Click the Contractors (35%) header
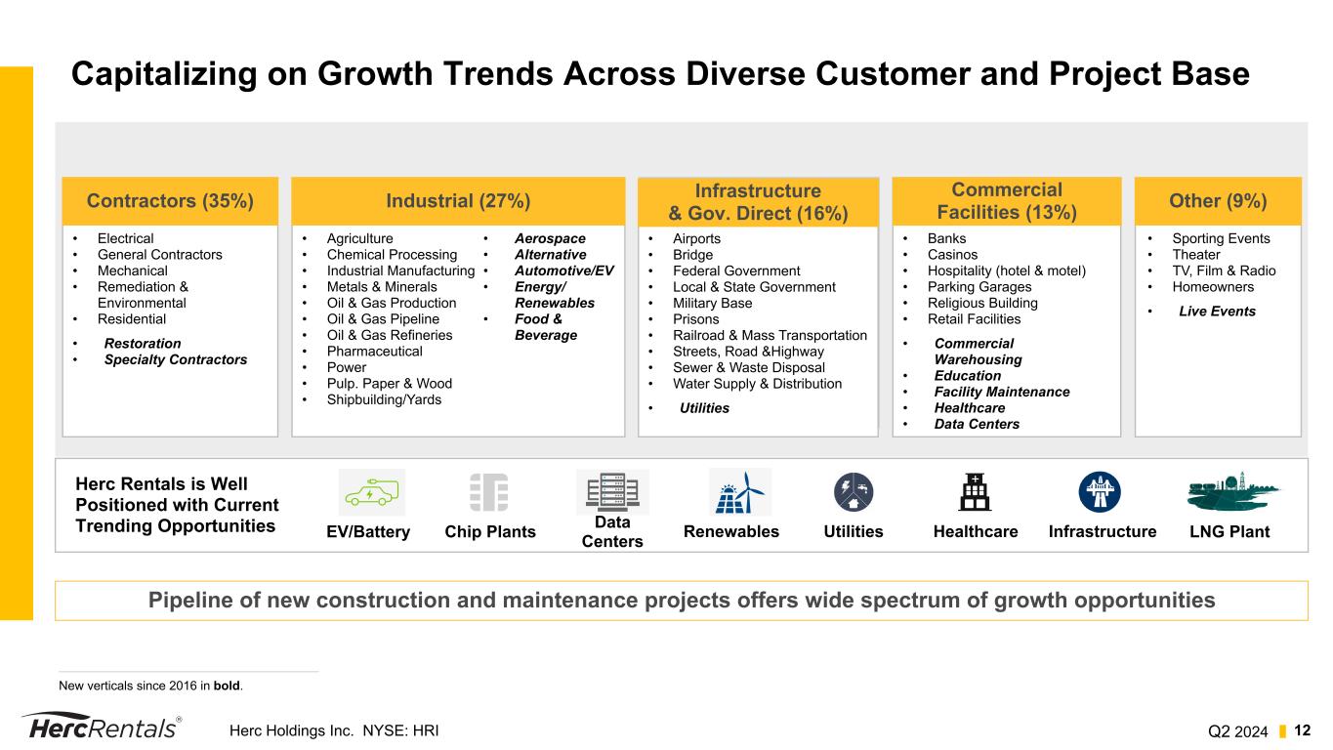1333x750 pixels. [x=170, y=201]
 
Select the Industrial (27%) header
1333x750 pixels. [x=458, y=201]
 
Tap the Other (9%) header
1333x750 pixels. [x=1218, y=201]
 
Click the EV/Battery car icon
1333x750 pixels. [x=371, y=492]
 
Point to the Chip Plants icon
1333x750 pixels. [x=489, y=492]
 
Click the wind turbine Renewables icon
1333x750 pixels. [x=739, y=492]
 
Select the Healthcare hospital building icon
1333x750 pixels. [x=975, y=492]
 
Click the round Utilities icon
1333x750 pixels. [x=854, y=492]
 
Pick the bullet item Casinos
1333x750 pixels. [x=952, y=255]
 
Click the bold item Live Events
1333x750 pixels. [x=1217, y=312]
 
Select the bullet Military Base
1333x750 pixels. [x=712, y=303]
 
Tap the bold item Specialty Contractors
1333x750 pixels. [x=176, y=359]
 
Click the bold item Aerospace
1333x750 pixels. [x=550, y=238]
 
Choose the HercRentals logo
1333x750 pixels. [x=101, y=728]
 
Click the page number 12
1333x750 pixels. [x=1303, y=729]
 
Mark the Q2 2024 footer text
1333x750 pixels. [x=1237, y=730]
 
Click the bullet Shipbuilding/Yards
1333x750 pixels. [x=384, y=399]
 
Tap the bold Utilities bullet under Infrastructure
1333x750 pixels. [x=704, y=408]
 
